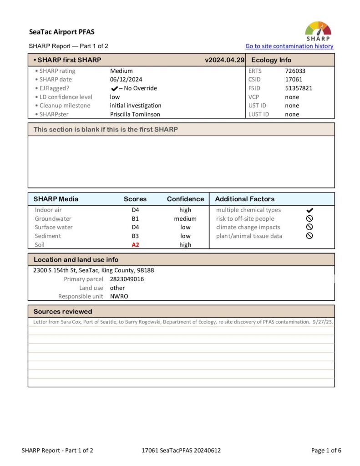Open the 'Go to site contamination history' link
[289, 46]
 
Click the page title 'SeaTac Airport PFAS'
[62, 32]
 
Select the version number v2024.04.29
[225, 60]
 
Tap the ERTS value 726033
[295, 71]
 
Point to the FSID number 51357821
[299, 88]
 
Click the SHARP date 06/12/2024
[126, 80]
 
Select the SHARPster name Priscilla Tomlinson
[135, 114]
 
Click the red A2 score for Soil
[135, 245]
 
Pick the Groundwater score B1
[135, 219]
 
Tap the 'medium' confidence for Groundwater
[185, 219]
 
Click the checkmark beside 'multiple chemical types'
[309, 210]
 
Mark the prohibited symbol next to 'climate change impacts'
[309, 227]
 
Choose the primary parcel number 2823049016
[127, 279]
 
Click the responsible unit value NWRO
[119, 296]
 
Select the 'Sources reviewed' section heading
[63, 312]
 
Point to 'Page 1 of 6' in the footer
[326, 451]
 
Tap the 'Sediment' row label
[48, 236]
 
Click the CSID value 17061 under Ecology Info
[294, 80]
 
